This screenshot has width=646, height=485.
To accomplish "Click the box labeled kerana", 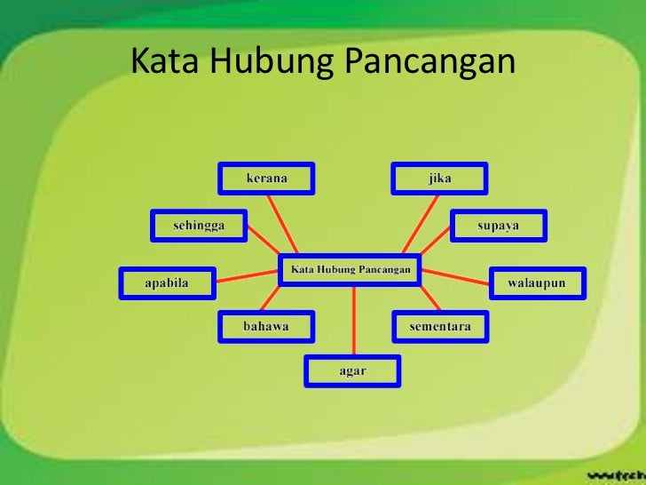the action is [x=266, y=179].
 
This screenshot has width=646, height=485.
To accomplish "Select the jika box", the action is [x=439, y=179].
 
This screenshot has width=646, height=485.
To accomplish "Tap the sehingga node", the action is [x=199, y=226].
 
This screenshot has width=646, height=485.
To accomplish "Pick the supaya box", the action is [x=499, y=226].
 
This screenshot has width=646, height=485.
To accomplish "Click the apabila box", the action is [x=167, y=283].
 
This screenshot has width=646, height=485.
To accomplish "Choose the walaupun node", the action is [x=536, y=283].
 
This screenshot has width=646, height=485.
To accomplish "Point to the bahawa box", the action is [x=266, y=327].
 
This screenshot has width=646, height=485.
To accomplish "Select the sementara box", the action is [x=439, y=327].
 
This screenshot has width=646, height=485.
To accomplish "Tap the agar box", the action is [x=352, y=370].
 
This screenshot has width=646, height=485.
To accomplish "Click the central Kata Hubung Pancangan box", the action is [x=351, y=269].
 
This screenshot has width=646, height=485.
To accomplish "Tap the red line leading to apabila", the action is [x=247, y=278].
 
